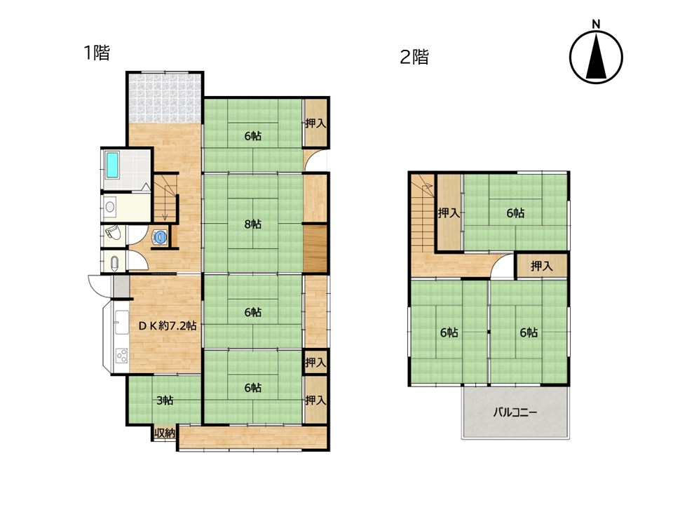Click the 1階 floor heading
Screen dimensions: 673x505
(x=97, y=53)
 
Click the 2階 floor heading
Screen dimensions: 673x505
(x=414, y=57)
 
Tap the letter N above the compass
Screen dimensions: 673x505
(x=596, y=25)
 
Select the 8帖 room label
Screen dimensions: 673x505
(x=253, y=224)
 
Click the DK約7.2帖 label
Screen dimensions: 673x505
(x=168, y=325)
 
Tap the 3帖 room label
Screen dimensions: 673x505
(x=165, y=400)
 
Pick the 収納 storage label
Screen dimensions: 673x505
(x=165, y=433)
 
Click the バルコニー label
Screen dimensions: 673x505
(x=515, y=412)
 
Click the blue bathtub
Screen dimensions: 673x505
(x=112, y=166)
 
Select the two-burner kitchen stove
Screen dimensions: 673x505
(x=121, y=356)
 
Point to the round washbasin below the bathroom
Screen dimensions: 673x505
(x=110, y=207)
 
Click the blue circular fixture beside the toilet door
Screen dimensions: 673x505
(x=160, y=237)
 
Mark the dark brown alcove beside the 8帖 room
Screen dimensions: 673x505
(x=315, y=248)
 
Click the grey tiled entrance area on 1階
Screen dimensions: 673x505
(x=165, y=98)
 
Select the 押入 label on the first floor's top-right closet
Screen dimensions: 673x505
(x=316, y=123)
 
